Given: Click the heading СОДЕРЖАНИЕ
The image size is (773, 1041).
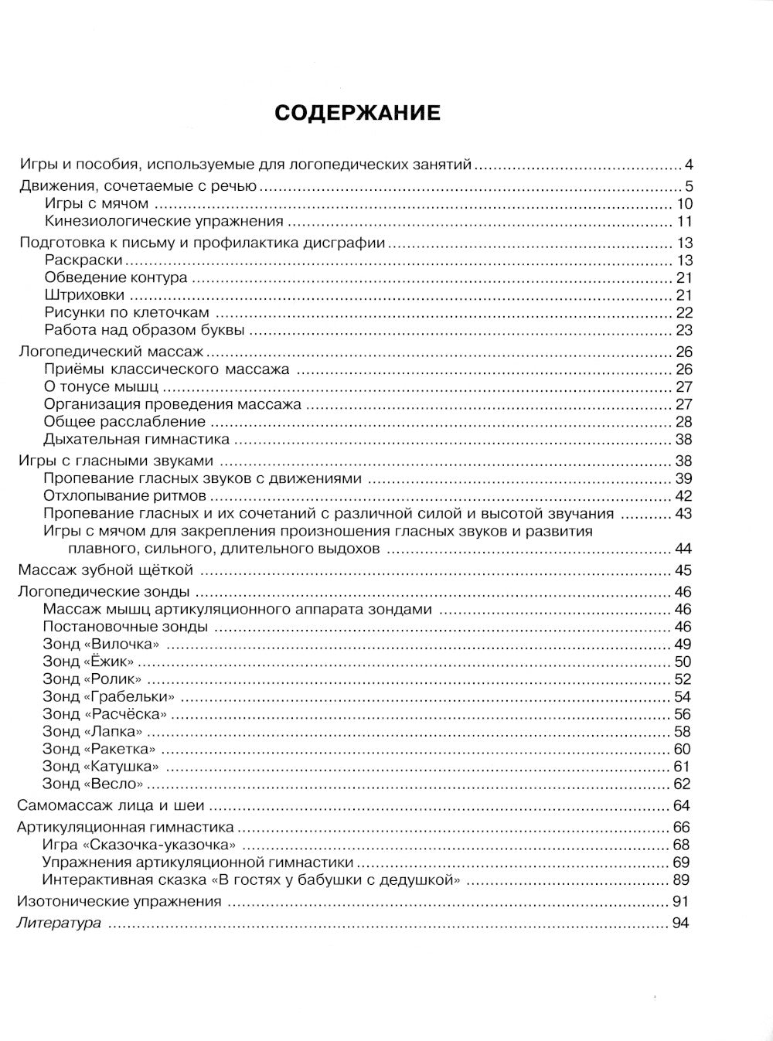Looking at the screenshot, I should coord(357,113).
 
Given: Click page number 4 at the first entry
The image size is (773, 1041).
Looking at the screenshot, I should coord(688,165).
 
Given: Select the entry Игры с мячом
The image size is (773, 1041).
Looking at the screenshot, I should coord(97,204).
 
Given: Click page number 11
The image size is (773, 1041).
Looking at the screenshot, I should coord(684,222).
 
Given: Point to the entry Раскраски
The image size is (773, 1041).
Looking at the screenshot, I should coord(83,260).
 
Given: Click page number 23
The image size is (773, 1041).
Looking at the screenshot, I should coord(684,331).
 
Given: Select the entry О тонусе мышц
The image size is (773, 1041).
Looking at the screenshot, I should coord(101,386).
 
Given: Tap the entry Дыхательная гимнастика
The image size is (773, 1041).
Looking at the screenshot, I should coord(137,440).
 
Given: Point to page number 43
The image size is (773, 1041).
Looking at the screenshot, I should coord(684,514).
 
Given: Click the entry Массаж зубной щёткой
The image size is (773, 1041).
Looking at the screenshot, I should coord(105,571).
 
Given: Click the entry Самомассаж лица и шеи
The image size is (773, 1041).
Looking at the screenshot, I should coord(111,806).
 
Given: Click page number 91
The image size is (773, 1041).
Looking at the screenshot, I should coord(681,901).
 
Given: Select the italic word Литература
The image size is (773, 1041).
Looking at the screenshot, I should coord(60,923).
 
